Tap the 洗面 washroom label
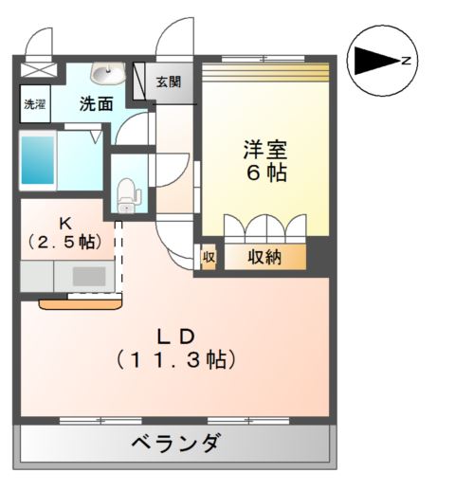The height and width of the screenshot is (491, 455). point(97,104)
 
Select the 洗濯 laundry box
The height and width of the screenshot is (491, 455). point(34,104)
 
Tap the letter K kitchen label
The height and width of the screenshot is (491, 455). point(64,223)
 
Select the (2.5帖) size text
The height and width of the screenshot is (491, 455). point(64,242)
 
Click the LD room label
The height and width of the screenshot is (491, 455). point(175,336)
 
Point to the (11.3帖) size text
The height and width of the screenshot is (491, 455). point(175,359)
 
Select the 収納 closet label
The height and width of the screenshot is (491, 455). point(265,257)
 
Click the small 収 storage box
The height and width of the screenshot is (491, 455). point(208,257)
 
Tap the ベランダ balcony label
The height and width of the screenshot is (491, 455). point(175,443)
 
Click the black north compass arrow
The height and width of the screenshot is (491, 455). point(375,63)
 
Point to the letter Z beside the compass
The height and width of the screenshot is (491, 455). point(406,62)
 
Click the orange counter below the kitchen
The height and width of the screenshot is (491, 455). point(81,304)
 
